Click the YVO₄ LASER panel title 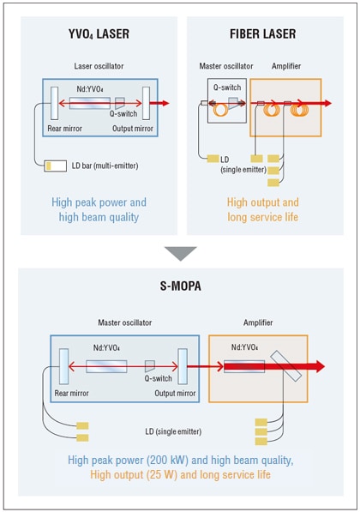click(99, 34)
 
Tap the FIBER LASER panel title click(263, 34)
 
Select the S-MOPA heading click(181, 286)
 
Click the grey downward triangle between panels click(181, 254)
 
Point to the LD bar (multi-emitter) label click(105, 166)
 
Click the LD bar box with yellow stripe click(56, 166)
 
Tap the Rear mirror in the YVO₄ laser click(55, 103)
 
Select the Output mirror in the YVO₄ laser click(147, 103)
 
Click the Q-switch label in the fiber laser click(227, 87)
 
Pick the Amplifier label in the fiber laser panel click(286, 66)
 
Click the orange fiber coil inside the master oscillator click(220, 109)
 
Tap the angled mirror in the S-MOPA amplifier click(286, 365)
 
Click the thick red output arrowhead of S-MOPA click(318, 366)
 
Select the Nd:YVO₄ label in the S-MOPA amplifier click(244, 347)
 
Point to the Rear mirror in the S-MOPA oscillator click(64, 366)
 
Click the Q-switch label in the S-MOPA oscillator click(159, 378)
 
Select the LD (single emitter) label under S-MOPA click(173, 431)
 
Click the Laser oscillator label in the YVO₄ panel click(99, 66)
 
